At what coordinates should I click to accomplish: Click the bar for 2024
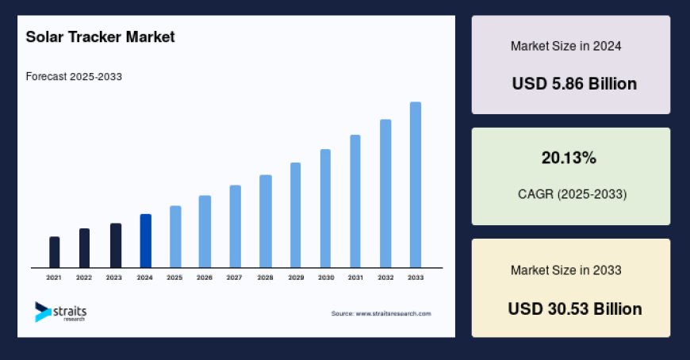pos(145,241)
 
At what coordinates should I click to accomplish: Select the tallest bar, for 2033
pos(415,185)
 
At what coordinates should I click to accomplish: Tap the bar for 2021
pos(55,252)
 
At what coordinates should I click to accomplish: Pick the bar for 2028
pos(266,221)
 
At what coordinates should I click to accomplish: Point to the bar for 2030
pos(325,209)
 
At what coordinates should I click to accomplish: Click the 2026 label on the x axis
pos(205,278)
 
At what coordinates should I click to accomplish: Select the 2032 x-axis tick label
pos(385,278)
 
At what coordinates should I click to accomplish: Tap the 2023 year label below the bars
pos(114,278)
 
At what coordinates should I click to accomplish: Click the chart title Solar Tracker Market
pos(100,37)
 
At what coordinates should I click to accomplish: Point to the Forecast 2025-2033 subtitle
pos(74,77)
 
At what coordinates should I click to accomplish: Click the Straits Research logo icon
pos(41,312)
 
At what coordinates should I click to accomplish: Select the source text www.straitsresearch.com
pos(381,314)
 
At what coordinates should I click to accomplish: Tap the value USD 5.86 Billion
pos(574,83)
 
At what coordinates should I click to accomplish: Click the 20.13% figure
pos(569,159)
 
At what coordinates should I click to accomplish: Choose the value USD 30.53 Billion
pos(574,308)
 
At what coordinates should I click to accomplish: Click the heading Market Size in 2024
pos(565,46)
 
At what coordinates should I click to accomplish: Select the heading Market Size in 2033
pos(565,270)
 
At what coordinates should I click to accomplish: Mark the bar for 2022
pos(84,248)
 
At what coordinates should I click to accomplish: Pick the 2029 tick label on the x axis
pos(295,278)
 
